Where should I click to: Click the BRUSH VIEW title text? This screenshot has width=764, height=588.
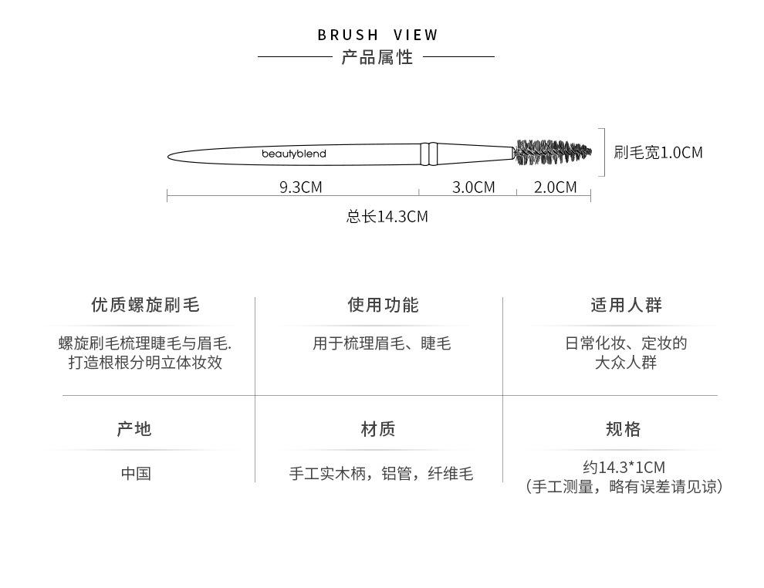377,35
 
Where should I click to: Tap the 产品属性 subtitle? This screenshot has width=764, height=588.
377,57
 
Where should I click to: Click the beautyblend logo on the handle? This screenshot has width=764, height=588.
294,154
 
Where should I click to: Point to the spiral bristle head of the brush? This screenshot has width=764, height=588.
553,152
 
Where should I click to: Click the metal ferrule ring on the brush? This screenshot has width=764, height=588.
429,154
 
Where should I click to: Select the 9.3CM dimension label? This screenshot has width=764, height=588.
301,187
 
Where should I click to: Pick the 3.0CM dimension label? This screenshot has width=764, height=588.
473,187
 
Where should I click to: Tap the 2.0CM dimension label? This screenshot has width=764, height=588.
555,187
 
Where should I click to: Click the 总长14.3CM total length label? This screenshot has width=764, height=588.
387,216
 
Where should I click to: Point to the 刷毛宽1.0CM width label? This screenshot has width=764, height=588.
658,153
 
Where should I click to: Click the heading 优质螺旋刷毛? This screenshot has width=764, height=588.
145,305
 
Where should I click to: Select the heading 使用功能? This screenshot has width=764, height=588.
383,305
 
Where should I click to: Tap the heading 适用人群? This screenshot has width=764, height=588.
626,305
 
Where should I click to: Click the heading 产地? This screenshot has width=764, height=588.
134,429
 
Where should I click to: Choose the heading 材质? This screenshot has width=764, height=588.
378,429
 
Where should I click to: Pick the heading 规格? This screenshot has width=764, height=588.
624,429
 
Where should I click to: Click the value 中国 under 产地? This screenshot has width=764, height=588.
136,474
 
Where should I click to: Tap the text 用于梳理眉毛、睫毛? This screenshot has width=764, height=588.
381,343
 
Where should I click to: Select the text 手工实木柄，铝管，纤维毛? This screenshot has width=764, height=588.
381,474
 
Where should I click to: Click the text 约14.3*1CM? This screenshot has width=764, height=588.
624,468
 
